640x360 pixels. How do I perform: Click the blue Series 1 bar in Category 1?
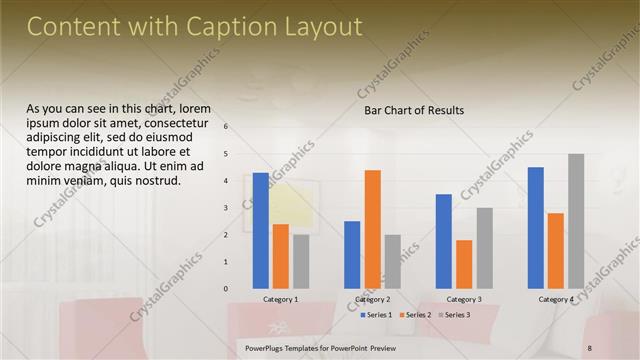pos(260,230)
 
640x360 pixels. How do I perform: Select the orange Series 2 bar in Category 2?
pos(372,229)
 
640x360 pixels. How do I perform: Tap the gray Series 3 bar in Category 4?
pos(576,221)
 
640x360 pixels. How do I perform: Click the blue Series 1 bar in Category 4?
pos(535,227)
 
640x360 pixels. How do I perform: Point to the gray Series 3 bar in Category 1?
pos(301,261)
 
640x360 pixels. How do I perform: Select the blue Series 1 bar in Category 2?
pos(352,254)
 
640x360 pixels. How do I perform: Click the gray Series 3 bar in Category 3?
pos(484,248)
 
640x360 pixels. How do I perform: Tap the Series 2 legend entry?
pos(415,315)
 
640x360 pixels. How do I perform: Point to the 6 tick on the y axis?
pos(226,127)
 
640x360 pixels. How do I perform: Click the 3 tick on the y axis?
pos(226,208)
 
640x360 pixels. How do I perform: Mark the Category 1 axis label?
pos(280,299)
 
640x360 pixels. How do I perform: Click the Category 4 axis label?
pos(556,299)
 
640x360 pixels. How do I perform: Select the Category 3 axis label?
pos(464,299)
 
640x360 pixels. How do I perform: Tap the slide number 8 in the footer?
pos(590,347)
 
